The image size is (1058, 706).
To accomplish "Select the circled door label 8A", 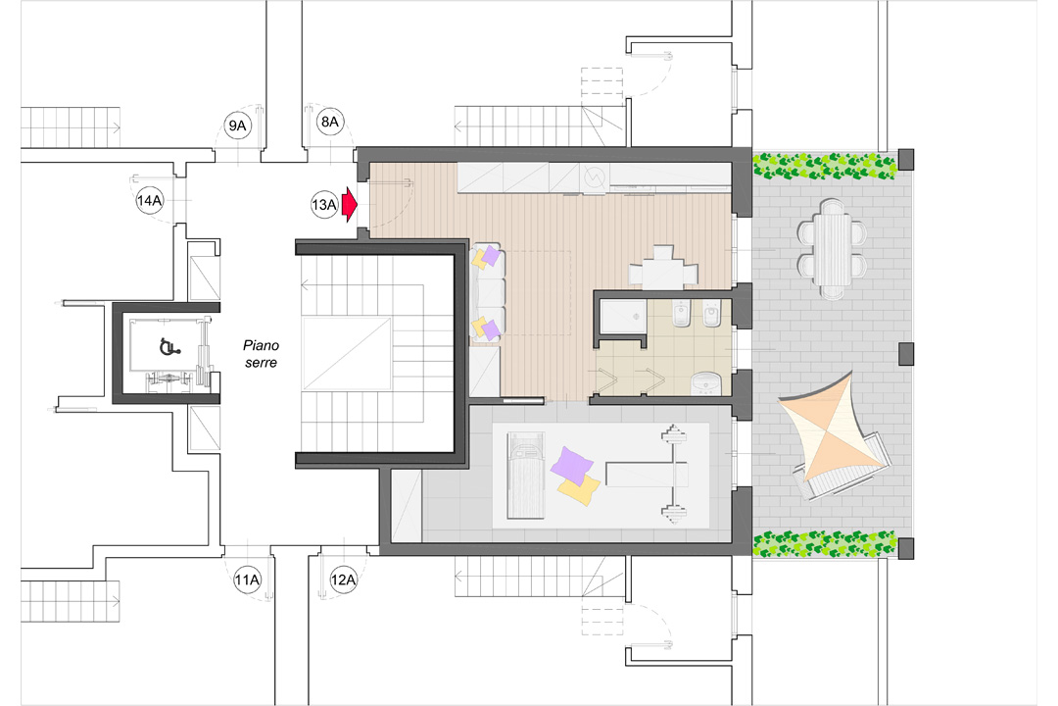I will click(330, 122).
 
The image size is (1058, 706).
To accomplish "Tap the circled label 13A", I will click(324, 205).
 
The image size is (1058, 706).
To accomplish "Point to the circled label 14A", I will click(150, 202).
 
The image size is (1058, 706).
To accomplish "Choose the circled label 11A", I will click(248, 580).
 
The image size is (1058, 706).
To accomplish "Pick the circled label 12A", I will click(344, 579).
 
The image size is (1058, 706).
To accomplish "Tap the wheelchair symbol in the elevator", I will click(167, 345).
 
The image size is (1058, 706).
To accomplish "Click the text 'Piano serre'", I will click(262, 354).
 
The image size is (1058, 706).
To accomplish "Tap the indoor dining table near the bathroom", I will click(662, 268).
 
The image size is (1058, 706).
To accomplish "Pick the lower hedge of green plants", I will click(824, 541).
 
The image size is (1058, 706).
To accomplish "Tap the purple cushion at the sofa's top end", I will click(491, 257).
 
